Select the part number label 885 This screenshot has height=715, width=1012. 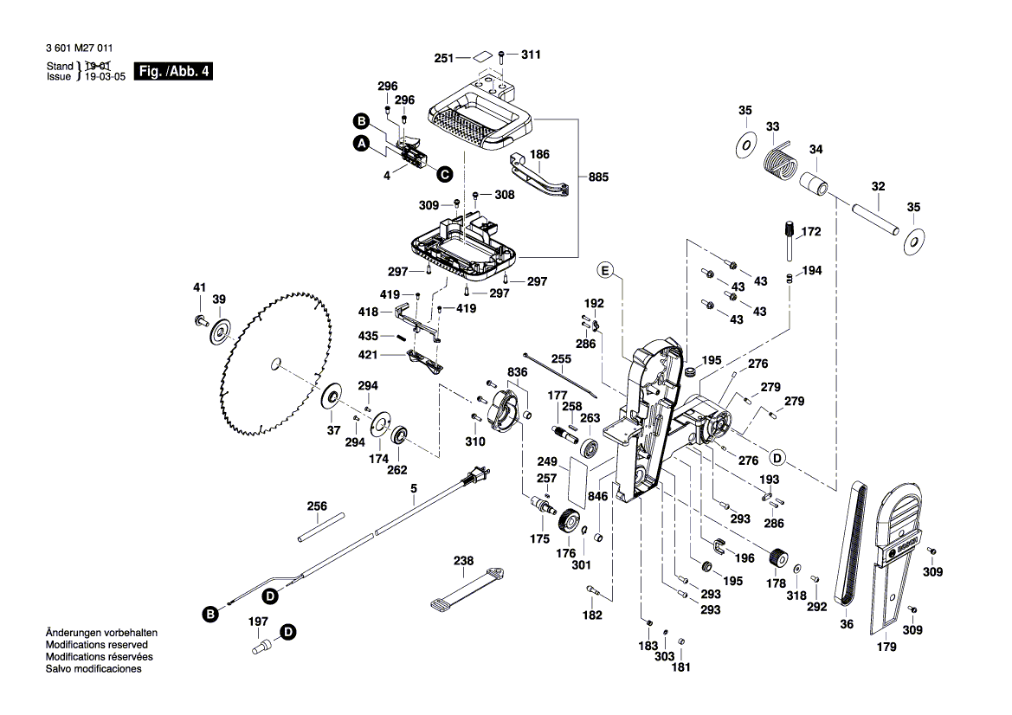[597, 177]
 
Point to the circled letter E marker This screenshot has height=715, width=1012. [605, 271]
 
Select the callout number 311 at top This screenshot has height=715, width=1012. [531, 55]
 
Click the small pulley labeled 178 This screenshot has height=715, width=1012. [778, 558]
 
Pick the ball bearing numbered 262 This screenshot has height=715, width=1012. [400, 435]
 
